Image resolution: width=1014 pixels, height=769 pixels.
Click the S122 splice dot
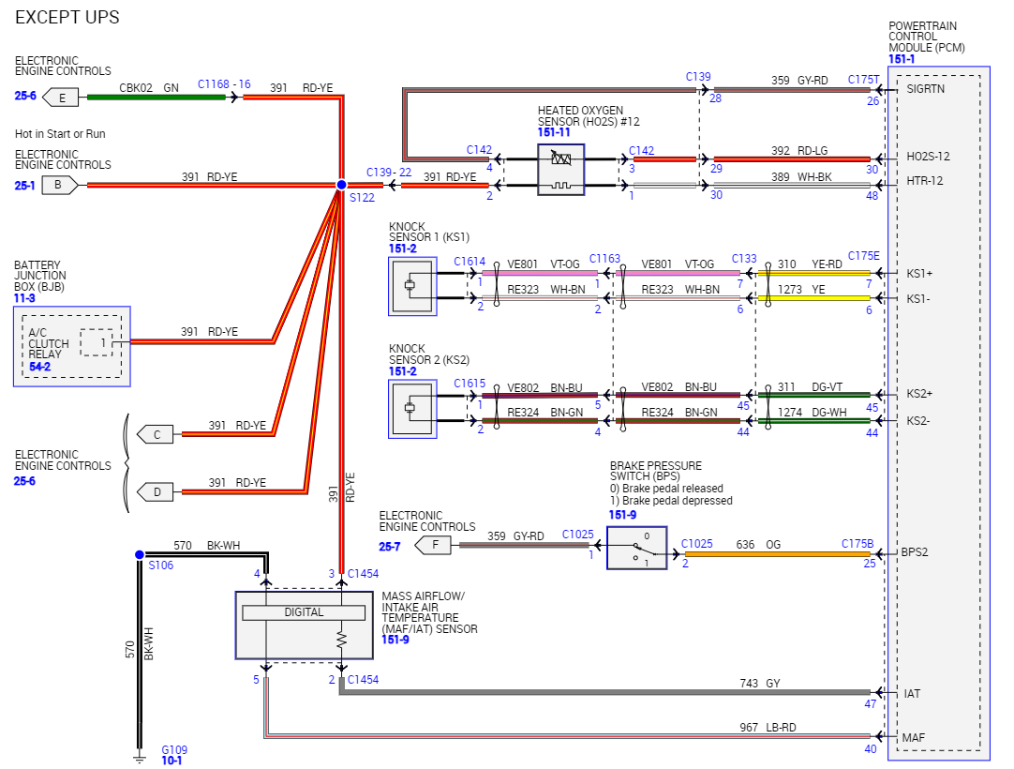342,185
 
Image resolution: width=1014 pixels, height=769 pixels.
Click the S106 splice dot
139,554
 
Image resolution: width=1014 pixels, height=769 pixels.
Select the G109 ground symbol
139,753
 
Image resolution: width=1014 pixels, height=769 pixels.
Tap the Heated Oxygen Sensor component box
560,170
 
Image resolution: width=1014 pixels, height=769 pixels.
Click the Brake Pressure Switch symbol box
636,548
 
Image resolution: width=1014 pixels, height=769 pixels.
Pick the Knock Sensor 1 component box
412,286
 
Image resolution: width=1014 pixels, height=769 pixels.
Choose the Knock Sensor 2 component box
412,408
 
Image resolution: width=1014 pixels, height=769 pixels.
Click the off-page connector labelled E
63,97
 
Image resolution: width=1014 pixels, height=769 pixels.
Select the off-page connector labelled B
59,185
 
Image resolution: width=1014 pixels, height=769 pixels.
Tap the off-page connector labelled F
433,544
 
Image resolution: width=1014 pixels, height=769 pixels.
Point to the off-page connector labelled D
157,490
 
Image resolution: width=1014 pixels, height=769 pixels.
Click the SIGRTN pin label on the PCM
925,89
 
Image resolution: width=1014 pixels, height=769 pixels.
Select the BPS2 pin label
915,552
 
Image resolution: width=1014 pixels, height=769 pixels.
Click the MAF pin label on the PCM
914,737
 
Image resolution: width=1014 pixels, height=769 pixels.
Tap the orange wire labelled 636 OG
778,554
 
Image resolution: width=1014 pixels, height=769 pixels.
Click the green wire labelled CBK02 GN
155,97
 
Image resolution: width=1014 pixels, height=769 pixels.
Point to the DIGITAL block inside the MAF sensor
304,612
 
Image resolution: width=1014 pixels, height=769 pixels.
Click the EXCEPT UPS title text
67,18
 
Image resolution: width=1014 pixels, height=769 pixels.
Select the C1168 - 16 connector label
224,84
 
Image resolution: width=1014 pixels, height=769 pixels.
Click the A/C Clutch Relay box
71,345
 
